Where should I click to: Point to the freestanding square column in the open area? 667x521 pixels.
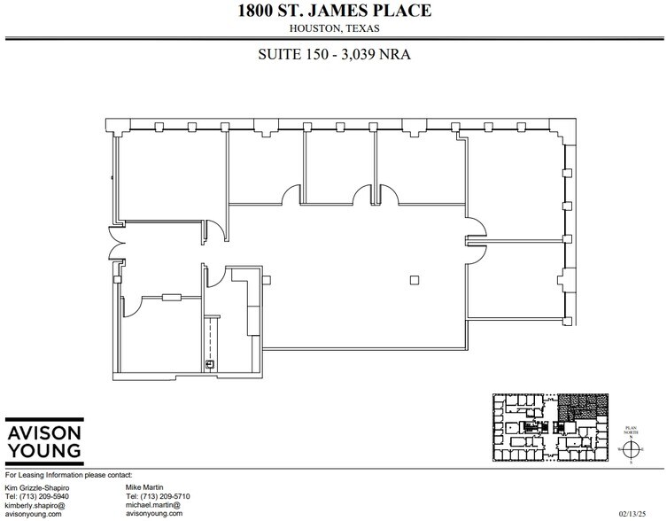[413, 281]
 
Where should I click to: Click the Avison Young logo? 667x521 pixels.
[44, 441]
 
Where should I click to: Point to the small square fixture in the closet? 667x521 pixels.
[210, 363]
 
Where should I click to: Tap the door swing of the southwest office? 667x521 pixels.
[130, 306]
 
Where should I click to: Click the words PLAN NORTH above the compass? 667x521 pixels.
[631, 427]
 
